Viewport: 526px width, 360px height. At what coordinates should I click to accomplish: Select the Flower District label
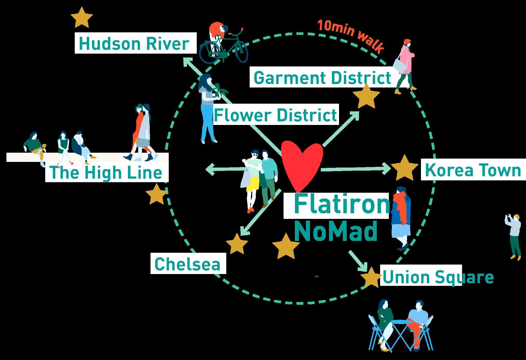[275, 115]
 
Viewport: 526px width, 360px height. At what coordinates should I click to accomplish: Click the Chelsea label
[188, 264]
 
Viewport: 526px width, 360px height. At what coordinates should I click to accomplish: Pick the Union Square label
[438, 277]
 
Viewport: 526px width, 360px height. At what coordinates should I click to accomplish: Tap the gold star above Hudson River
[82, 17]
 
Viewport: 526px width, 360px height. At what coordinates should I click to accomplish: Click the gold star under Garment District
[366, 96]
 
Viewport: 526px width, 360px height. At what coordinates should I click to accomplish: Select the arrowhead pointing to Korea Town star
[387, 169]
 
